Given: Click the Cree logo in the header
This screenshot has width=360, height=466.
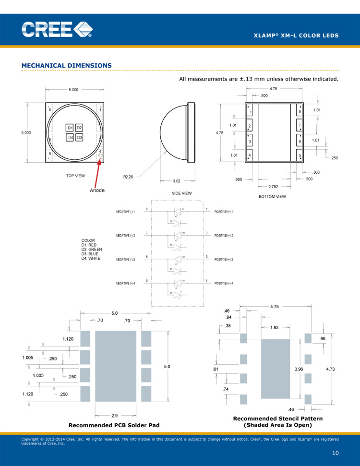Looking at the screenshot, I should click(x=57, y=30).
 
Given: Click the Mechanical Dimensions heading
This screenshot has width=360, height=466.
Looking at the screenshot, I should click(x=67, y=65).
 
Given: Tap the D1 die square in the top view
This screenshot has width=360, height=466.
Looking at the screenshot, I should click(x=70, y=128).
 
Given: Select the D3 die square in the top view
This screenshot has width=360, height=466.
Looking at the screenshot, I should click(x=79, y=138).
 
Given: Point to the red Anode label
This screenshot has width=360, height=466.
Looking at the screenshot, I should click(x=97, y=190).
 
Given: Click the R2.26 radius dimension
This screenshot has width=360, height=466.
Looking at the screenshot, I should click(x=128, y=177).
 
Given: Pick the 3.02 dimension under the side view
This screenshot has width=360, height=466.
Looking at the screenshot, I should click(x=176, y=181).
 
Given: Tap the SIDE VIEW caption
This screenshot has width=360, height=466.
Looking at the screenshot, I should click(x=182, y=193).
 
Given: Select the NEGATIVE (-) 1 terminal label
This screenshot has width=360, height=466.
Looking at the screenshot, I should click(x=126, y=212).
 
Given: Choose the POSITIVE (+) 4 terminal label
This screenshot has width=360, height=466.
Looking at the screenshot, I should click(x=224, y=284).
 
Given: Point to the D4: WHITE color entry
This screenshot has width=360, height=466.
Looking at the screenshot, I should click(x=91, y=259).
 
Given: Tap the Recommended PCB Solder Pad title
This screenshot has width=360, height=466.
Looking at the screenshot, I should click(x=114, y=425).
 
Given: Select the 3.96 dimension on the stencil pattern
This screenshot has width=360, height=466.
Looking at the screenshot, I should click(x=298, y=369).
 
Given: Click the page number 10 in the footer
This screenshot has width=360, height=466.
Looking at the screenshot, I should click(x=336, y=453).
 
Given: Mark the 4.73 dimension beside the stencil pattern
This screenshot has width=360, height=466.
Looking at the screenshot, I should click(x=331, y=369).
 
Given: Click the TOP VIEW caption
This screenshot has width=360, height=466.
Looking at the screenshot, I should click(x=75, y=176).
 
